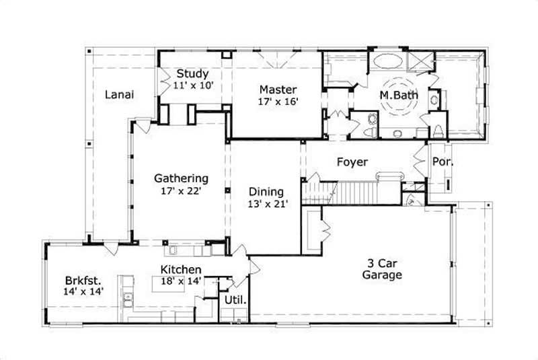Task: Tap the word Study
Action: click(192, 73)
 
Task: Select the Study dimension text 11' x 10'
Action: click(192, 85)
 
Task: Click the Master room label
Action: click(278, 89)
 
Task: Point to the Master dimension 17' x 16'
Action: click(278, 102)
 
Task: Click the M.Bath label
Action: click(399, 96)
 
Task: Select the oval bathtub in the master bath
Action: click(387, 61)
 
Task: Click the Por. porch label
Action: click(442, 162)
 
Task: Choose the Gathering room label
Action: click(181, 178)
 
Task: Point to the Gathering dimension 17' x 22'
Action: click(181, 190)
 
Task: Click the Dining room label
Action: click(266, 191)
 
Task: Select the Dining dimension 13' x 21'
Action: click(266, 203)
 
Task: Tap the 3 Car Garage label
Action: click(382, 269)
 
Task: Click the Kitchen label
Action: click(180, 270)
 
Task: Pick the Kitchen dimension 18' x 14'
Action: click(180, 281)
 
